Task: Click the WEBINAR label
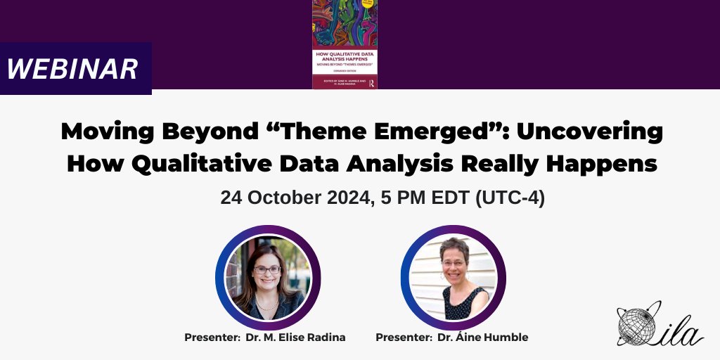click(x=72, y=68)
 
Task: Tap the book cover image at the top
click(x=344, y=44)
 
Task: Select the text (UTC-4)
click(x=510, y=198)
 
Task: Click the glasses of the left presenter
click(x=266, y=270)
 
